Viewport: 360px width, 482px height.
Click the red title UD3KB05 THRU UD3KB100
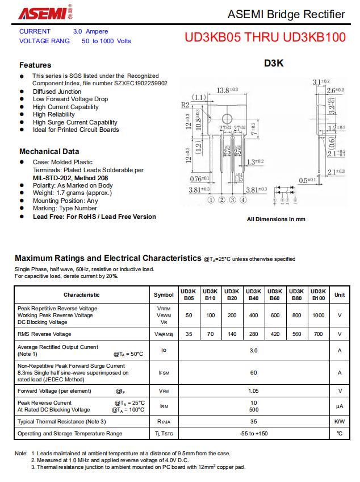point(265,38)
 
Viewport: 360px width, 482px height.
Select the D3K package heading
point(274,64)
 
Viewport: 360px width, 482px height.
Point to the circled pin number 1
point(211,200)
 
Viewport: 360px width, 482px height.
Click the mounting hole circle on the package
point(227,119)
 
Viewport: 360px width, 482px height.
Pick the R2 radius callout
point(185,105)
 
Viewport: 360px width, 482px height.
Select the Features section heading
point(35,65)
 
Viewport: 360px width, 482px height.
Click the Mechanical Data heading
point(49,151)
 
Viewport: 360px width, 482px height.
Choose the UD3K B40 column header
point(253,294)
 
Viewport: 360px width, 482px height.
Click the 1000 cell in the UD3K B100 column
point(319,315)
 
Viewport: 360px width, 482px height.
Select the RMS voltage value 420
point(275,334)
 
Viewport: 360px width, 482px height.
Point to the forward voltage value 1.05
point(253,391)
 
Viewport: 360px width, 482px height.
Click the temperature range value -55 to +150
point(253,434)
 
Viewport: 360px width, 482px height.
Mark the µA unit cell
point(340,406)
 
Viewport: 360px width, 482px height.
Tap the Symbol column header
point(164,294)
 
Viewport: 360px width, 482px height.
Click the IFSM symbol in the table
point(164,373)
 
